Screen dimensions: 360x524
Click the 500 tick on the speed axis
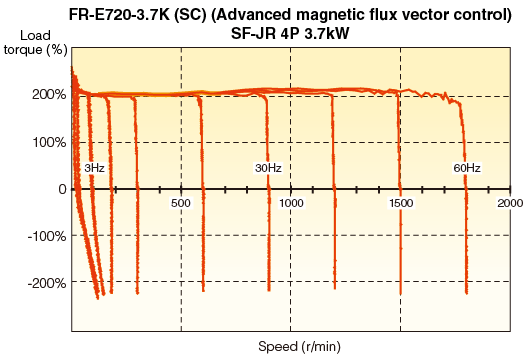click(x=181, y=203)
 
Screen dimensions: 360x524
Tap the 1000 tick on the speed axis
click(x=291, y=203)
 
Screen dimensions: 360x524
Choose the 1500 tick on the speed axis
click(x=400, y=203)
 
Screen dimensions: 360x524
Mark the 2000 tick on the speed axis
click(x=509, y=203)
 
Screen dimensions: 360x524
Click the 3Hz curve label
click(x=94, y=168)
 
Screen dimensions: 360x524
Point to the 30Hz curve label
click(x=267, y=168)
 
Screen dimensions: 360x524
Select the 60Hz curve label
click(x=467, y=168)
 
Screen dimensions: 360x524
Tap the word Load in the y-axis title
click(x=33, y=35)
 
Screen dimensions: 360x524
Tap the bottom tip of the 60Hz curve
click(x=467, y=293)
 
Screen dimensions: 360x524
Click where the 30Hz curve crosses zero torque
click(x=270, y=189)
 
